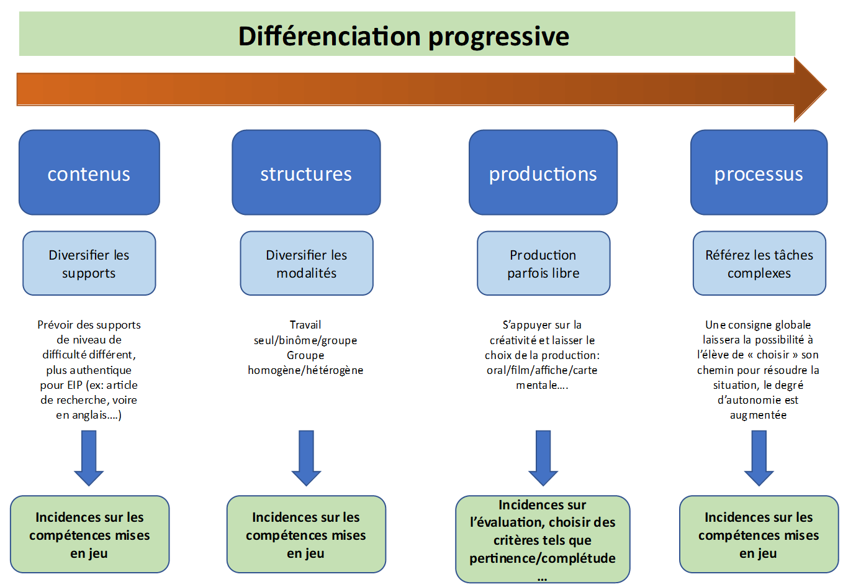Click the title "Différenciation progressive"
tap(403, 36)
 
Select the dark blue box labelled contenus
tap(89, 173)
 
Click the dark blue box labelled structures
tap(306, 173)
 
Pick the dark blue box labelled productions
tap(543, 173)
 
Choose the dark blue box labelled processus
tap(759, 173)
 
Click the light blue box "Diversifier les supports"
tap(89, 263)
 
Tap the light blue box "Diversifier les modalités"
tap(307, 263)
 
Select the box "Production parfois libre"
tap(543, 263)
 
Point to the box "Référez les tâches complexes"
tap(759, 263)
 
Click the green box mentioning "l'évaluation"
tap(543, 539)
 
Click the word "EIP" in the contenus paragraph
tap(73, 385)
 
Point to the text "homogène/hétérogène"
tap(305, 370)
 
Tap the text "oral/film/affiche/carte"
tap(542, 370)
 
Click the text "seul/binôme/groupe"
tap(305, 340)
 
